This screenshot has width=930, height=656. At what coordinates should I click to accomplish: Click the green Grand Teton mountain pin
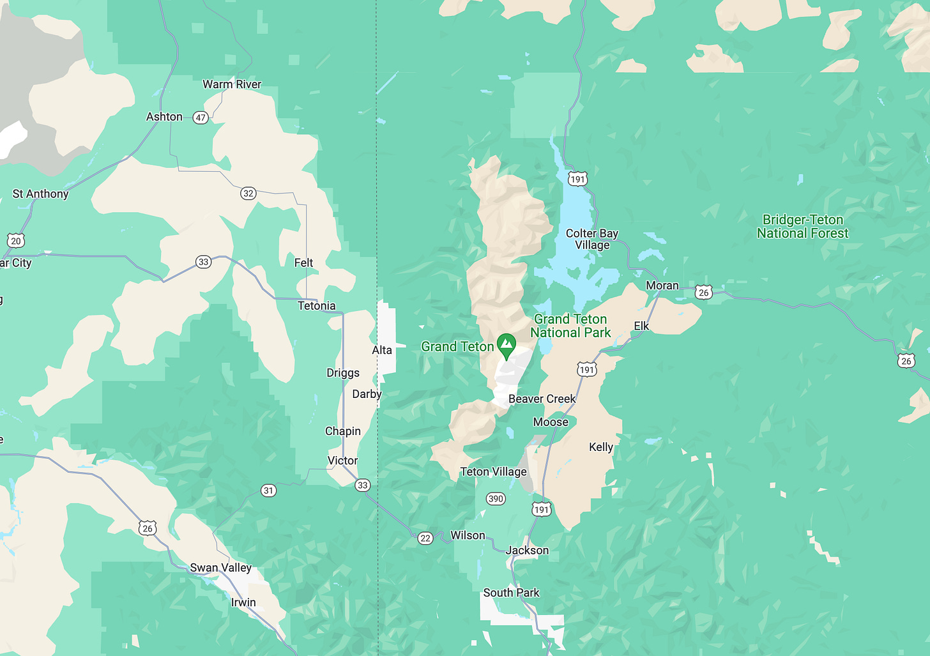pyautogui.click(x=507, y=346)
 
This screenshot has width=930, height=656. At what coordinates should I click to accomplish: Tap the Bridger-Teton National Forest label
pyautogui.click(x=802, y=227)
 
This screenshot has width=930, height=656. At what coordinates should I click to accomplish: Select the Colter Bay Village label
pyautogui.click(x=591, y=239)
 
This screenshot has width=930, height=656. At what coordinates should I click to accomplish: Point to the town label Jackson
pyautogui.click(x=527, y=550)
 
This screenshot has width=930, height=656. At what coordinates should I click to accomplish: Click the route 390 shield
pyautogui.click(x=496, y=499)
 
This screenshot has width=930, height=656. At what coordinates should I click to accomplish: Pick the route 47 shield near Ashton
pyautogui.click(x=201, y=118)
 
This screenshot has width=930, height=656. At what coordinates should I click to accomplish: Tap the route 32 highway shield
pyautogui.click(x=248, y=194)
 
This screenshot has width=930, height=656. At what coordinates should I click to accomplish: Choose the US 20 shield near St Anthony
pyautogui.click(x=16, y=241)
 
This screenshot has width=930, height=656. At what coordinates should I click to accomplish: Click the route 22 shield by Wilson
pyautogui.click(x=425, y=538)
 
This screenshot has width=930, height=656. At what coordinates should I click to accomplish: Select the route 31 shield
pyautogui.click(x=268, y=491)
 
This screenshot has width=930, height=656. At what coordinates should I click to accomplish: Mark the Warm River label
pyautogui.click(x=232, y=84)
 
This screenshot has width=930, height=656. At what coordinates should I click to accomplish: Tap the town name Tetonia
pyautogui.click(x=316, y=306)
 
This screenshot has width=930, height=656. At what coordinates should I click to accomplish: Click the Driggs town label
pyautogui.click(x=343, y=373)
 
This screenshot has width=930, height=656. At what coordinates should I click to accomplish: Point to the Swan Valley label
pyautogui.click(x=220, y=567)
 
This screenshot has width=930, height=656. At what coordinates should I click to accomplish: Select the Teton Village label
pyautogui.click(x=493, y=471)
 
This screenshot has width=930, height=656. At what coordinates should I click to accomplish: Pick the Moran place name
pyautogui.click(x=662, y=286)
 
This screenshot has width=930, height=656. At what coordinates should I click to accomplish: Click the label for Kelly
pyautogui.click(x=600, y=447)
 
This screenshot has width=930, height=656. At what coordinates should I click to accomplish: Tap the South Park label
pyautogui.click(x=511, y=593)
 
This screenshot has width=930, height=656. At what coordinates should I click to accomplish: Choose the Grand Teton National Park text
pyautogui.click(x=570, y=326)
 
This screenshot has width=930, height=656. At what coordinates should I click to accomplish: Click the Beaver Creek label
pyautogui.click(x=542, y=399)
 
